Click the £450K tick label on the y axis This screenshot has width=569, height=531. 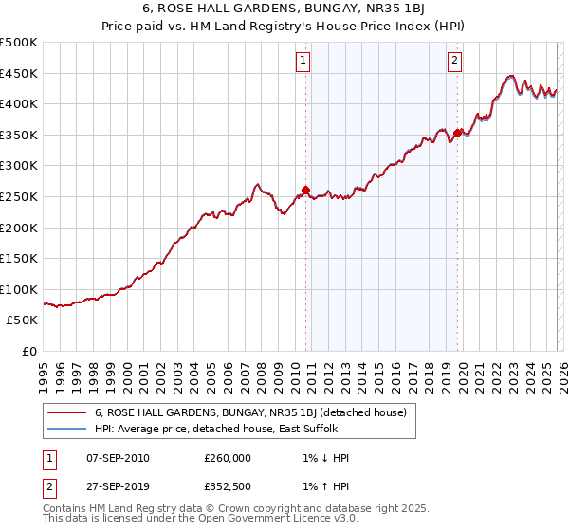click(x=19, y=73)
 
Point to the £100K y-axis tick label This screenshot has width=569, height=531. click(x=19, y=289)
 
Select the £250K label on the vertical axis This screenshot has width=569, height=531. click(x=19, y=196)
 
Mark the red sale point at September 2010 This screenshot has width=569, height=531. click(x=305, y=190)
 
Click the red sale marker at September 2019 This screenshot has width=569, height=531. click(x=457, y=133)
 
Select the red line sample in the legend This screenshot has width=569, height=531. click(x=65, y=412)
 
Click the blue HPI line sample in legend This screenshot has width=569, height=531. click(x=65, y=428)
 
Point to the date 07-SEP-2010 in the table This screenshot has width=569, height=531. click(x=117, y=458)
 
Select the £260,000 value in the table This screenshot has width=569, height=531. click(x=228, y=458)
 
